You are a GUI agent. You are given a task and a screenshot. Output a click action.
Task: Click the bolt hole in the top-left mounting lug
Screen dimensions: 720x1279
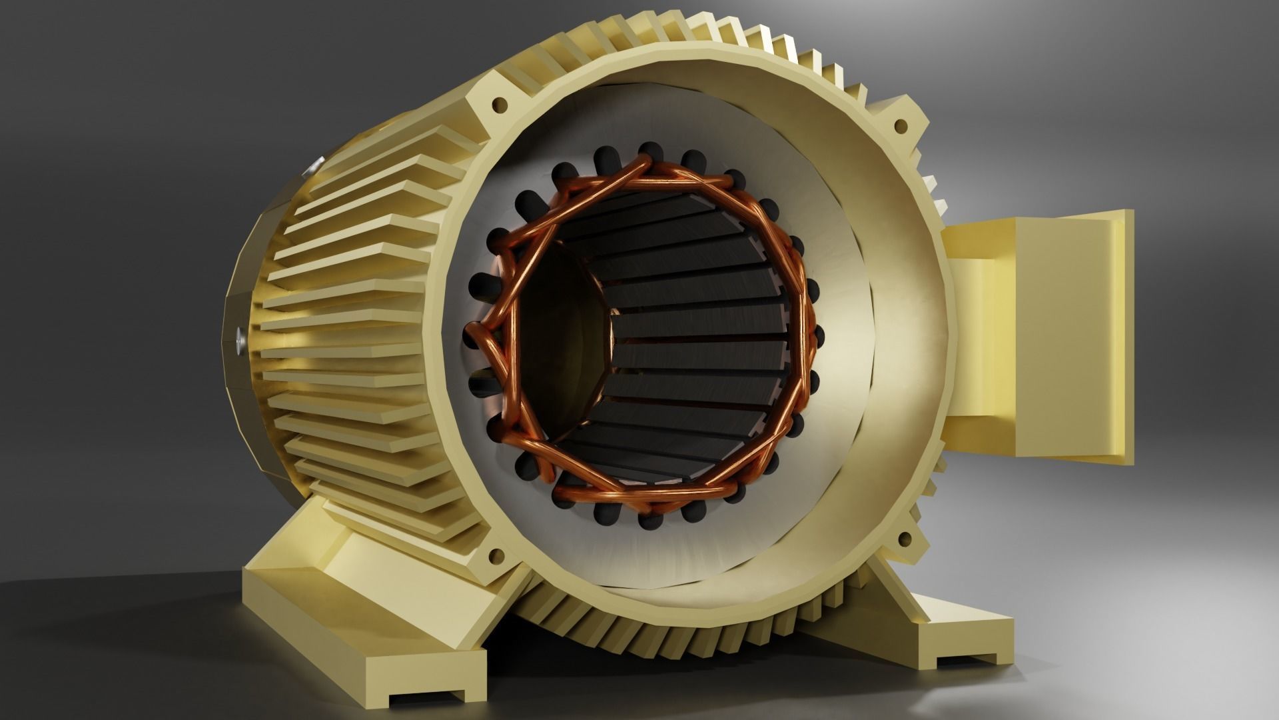[499, 104]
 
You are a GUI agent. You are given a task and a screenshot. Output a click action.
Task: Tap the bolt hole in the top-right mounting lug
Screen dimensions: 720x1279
[901, 125]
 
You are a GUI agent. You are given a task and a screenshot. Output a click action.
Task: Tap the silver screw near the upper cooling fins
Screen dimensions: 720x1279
[315, 164]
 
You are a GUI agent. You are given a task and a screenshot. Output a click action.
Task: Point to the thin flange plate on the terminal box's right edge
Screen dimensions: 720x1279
[1126, 337]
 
